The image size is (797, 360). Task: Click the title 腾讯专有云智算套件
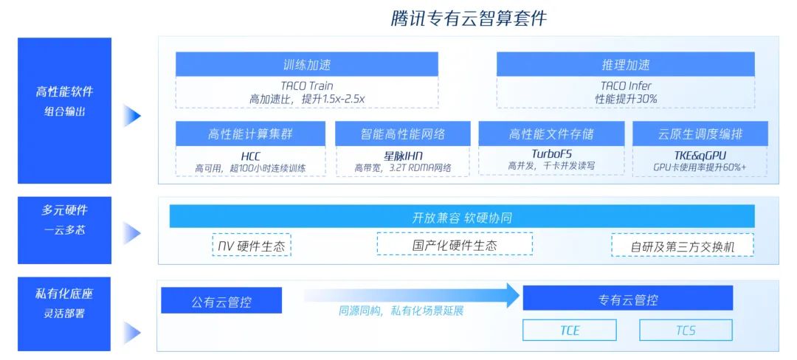pos(469,18)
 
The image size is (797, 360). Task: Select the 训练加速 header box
pos(306,64)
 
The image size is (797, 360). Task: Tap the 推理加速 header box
pos(625,64)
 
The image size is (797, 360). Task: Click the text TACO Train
pos(306,86)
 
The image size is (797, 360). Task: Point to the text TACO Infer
pos(625,86)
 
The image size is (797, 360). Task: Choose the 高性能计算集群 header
pos(250,134)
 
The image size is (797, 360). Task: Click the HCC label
pos(250,156)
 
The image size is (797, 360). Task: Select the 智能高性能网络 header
pos(402,134)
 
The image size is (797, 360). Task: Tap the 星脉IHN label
pos(402,156)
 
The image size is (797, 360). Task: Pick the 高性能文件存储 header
pos(551,134)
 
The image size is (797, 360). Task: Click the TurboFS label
pos(551,153)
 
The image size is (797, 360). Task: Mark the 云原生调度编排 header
pos(700,134)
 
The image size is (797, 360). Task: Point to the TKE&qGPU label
pos(700,155)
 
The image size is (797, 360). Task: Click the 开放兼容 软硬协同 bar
pos(462,217)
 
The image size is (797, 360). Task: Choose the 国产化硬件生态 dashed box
pos(454,244)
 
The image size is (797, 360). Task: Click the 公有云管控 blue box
pos(221,301)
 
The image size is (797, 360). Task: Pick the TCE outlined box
pos(569,330)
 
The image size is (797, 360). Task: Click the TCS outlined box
pos(686,330)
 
